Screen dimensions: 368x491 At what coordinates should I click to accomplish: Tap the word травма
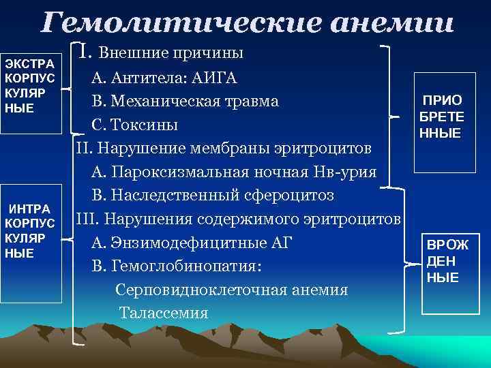pyautogui.click(x=250, y=101)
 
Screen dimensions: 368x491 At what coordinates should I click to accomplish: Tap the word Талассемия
pyautogui.click(x=164, y=313)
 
